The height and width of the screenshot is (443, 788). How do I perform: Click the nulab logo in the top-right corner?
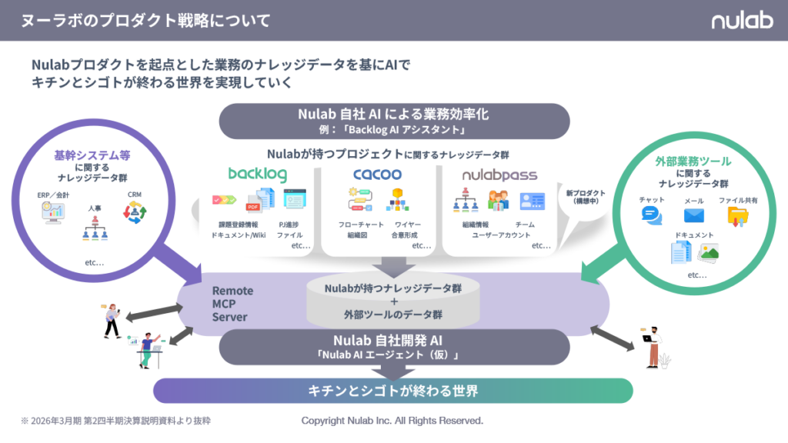[x=741, y=20]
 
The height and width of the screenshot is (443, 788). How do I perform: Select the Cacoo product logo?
[x=378, y=175]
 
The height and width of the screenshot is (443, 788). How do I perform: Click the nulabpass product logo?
[x=499, y=175]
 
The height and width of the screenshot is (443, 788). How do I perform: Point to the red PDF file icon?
[x=252, y=203]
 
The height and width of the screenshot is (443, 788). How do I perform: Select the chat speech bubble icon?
[x=652, y=215]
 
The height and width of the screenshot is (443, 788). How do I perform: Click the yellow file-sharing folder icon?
[x=738, y=216]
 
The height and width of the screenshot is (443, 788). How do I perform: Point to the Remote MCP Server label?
[x=233, y=304]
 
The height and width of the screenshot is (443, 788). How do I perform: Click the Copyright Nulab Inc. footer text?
[x=392, y=421]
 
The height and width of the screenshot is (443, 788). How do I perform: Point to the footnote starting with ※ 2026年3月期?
[x=115, y=421]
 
